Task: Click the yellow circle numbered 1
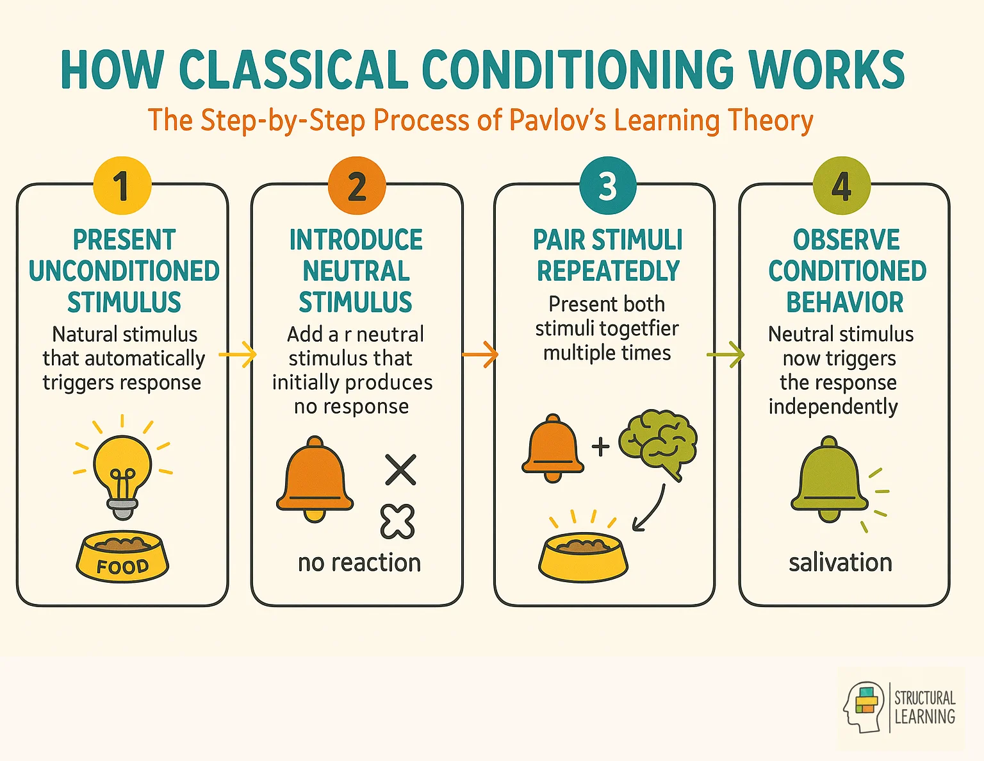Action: tap(122, 186)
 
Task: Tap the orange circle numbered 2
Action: tap(357, 186)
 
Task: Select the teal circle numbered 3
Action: tap(607, 186)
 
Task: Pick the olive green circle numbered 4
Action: tap(841, 186)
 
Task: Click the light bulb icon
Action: tap(122, 471)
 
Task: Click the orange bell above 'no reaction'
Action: tap(315, 478)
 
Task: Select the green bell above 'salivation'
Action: tap(829, 478)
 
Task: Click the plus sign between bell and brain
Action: tap(600, 446)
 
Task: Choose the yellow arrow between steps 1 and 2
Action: tap(238, 355)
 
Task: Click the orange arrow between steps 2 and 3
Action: tap(480, 355)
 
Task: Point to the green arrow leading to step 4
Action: tap(725, 355)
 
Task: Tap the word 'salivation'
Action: tap(840, 562)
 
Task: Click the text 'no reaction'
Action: tap(359, 562)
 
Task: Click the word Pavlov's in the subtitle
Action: tap(557, 121)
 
